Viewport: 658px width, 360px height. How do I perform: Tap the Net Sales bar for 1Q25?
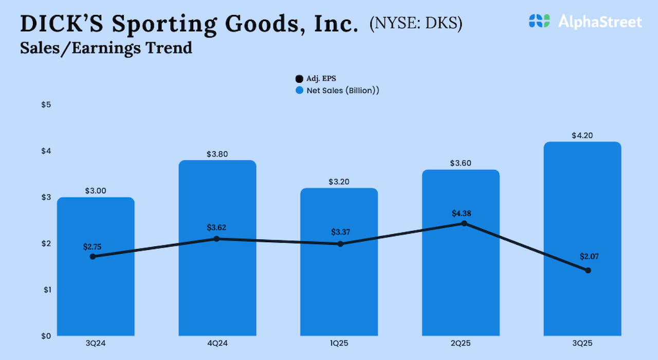(339, 293)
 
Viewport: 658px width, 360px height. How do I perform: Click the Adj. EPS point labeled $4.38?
(464, 223)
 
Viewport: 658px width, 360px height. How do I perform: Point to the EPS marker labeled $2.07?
(588, 271)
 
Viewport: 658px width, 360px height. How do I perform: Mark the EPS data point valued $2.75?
(93, 257)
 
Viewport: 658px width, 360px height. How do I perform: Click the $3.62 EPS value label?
(216, 227)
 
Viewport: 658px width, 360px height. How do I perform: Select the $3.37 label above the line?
(340, 232)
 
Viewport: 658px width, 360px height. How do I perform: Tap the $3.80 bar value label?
(217, 154)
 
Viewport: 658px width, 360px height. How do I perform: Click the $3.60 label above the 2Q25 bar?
(460, 163)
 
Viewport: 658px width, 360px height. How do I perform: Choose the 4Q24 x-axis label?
(217, 344)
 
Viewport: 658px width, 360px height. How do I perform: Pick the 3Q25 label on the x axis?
(582, 344)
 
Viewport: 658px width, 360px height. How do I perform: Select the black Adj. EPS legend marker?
(299, 79)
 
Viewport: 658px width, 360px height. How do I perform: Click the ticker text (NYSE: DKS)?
(415, 24)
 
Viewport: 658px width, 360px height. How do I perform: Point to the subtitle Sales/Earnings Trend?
(106, 48)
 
